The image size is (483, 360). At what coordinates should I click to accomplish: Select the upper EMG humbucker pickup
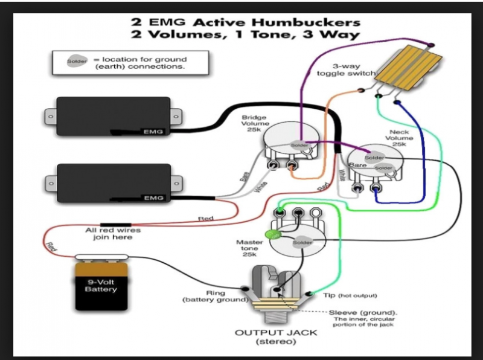coord(111,117)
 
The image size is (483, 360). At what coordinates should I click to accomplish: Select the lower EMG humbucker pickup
coord(111,183)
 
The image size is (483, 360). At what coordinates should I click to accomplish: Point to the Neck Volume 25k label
coord(399,138)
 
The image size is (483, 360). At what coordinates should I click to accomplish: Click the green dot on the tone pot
coord(272,234)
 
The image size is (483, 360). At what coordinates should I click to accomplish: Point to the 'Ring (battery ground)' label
coord(216,296)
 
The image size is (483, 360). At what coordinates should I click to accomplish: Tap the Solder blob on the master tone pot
coord(302,243)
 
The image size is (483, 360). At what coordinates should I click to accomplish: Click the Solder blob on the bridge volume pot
coord(299,146)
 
